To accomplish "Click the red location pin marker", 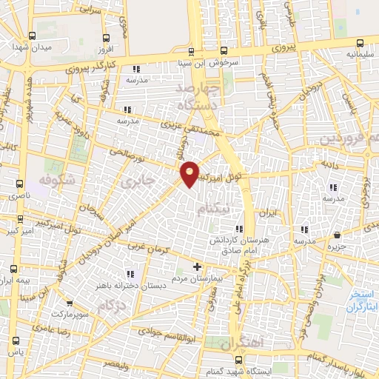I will coord(190,173).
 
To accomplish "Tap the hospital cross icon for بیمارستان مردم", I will coord(197,266).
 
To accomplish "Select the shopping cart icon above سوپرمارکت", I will coord(69,303).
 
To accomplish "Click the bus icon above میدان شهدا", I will coord(31,36).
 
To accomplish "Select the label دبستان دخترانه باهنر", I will coord(121,284).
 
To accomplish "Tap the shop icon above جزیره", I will coord(338,235).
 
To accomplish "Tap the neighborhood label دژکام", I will coord(112,305).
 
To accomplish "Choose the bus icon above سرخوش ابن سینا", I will coord(192,51).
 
